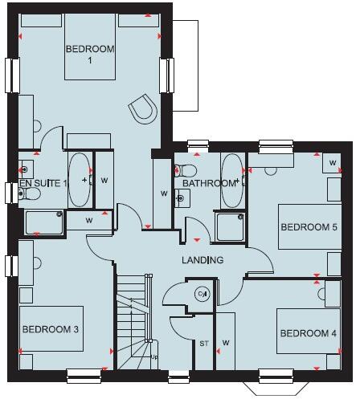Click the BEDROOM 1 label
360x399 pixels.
pos(90,55)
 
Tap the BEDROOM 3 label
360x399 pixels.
pos(50,329)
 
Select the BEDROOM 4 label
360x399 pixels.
pos(306,332)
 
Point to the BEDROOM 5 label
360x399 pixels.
pos(309,226)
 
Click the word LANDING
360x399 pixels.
pos(202,261)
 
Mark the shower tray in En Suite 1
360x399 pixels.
pos(43,222)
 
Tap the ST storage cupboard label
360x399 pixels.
pos(203,344)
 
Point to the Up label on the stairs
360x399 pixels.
pos(155,356)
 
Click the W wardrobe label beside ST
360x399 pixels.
pos(227,344)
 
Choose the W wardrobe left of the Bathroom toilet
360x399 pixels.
pos(163,193)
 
